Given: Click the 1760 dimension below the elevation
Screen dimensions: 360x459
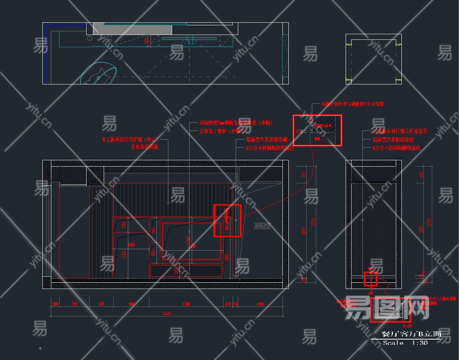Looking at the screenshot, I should tap(186, 304).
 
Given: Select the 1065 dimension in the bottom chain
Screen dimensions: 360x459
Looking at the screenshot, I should tap(260, 304).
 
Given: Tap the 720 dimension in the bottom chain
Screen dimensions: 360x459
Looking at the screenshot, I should tap(74, 304).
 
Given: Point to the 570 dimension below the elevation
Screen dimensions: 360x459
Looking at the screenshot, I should tap(101, 304).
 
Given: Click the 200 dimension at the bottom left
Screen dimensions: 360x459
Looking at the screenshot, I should tap(55, 304).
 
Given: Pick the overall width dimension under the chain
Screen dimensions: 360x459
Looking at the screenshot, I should tap(167, 314).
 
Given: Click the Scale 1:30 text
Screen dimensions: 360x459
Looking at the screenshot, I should tap(405, 343).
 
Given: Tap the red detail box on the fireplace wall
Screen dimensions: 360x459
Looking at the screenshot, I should tap(227, 221).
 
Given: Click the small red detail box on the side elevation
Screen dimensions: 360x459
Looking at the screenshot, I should tap(371, 279).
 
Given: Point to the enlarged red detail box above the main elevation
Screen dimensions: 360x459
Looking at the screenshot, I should tap(317, 130).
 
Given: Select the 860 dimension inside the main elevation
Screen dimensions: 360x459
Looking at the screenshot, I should tap(131, 245).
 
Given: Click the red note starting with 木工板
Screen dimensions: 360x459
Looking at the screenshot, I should tap(130, 140).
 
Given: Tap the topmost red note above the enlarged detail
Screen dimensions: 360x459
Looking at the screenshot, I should tap(352, 104).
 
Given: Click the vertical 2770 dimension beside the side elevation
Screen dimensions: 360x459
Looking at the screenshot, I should tap(430, 223).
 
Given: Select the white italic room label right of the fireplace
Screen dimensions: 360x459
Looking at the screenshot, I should tap(262, 226).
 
